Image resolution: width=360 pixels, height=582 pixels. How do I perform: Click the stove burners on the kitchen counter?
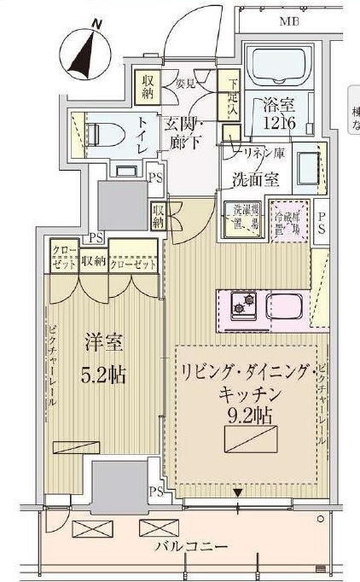[x=241, y=301]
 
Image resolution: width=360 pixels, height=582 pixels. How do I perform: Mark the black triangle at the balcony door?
[x=238, y=492]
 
